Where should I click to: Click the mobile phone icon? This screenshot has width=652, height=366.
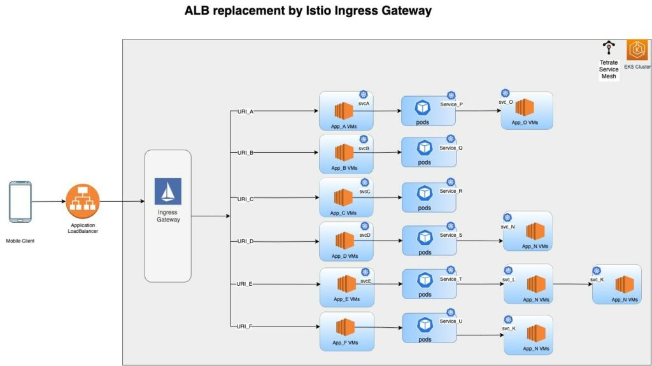click(20, 202)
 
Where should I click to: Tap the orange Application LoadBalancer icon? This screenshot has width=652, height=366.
click(83, 202)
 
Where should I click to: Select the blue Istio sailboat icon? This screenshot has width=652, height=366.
click(168, 192)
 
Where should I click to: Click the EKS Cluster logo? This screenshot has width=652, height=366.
click(637, 50)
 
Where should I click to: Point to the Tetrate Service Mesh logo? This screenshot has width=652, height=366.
click(609, 48)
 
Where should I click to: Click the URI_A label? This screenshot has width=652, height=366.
click(245, 111)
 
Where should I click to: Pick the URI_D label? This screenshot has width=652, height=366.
click(245, 241)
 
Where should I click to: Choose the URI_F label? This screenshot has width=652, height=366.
click(245, 327)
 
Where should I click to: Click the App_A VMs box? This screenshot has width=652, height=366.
click(346, 111)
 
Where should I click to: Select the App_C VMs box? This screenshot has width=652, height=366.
click(346, 198)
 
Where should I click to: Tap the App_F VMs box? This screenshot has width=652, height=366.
click(346, 331)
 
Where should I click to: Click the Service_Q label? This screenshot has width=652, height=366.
click(451, 148)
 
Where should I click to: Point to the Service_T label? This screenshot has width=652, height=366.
click(451, 279)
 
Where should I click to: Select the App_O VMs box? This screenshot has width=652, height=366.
click(526, 111)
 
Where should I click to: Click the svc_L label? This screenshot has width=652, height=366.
click(509, 279)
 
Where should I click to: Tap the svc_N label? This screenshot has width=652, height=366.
click(508, 226)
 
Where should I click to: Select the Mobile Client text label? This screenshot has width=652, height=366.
click(20, 241)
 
